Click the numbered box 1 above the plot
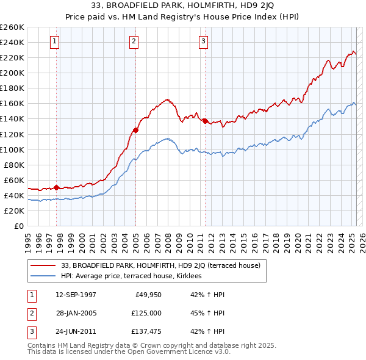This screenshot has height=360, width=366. click(x=55, y=41)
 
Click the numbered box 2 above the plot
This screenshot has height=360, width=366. click(x=134, y=41)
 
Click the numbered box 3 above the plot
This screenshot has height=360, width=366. click(x=203, y=41)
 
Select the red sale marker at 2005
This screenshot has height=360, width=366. click(x=136, y=129)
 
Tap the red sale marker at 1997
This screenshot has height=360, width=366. click(x=57, y=187)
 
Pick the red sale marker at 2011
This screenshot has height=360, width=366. click(x=205, y=120)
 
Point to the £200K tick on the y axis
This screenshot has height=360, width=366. click(x=12, y=73)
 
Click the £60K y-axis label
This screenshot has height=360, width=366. click(x=13, y=180)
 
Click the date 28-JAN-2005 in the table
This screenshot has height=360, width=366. click(x=76, y=312)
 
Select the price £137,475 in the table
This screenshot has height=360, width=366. click(x=147, y=331)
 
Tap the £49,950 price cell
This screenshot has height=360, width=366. click(x=147, y=294)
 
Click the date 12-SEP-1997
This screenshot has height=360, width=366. click(x=76, y=294)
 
